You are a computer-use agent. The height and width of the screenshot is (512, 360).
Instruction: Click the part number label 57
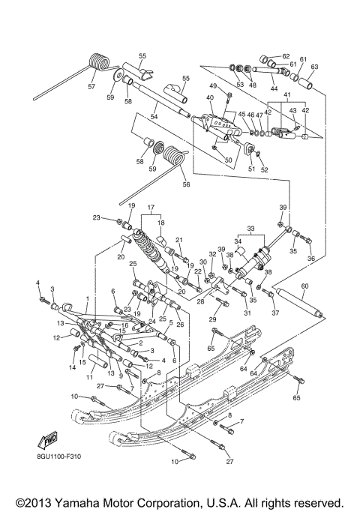pyautogui.click(x=92, y=87)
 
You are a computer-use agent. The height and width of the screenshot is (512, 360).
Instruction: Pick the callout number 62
pyautogui.click(x=286, y=56)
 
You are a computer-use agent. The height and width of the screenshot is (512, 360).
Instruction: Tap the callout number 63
pyautogui.click(x=314, y=67)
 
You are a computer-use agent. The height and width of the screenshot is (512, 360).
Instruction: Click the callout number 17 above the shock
pyautogui.click(x=150, y=208)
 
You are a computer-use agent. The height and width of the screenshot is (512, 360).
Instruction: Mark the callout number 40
pyautogui.click(x=210, y=98)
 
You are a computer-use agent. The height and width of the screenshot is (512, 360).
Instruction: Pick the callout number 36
pyautogui.click(x=312, y=259)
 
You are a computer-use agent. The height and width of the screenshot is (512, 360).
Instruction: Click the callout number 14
pyautogui.click(x=73, y=367)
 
